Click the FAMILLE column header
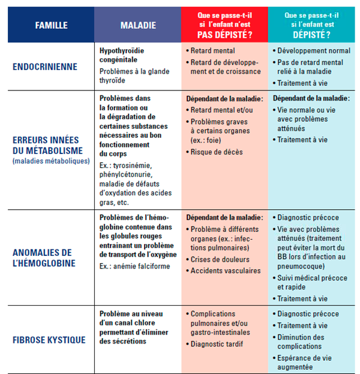pyautogui.click(x=51, y=25)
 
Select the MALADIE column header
pyautogui.click(x=138, y=25)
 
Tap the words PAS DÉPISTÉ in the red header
pyautogui.click(x=225, y=35)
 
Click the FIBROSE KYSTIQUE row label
pyautogui.click(x=49, y=340)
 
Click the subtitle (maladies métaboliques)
pyautogui.click(x=51, y=161)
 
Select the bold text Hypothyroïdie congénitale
pyautogui.click(x=122, y=55)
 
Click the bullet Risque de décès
pyautogui.click(x=217, y=152)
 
